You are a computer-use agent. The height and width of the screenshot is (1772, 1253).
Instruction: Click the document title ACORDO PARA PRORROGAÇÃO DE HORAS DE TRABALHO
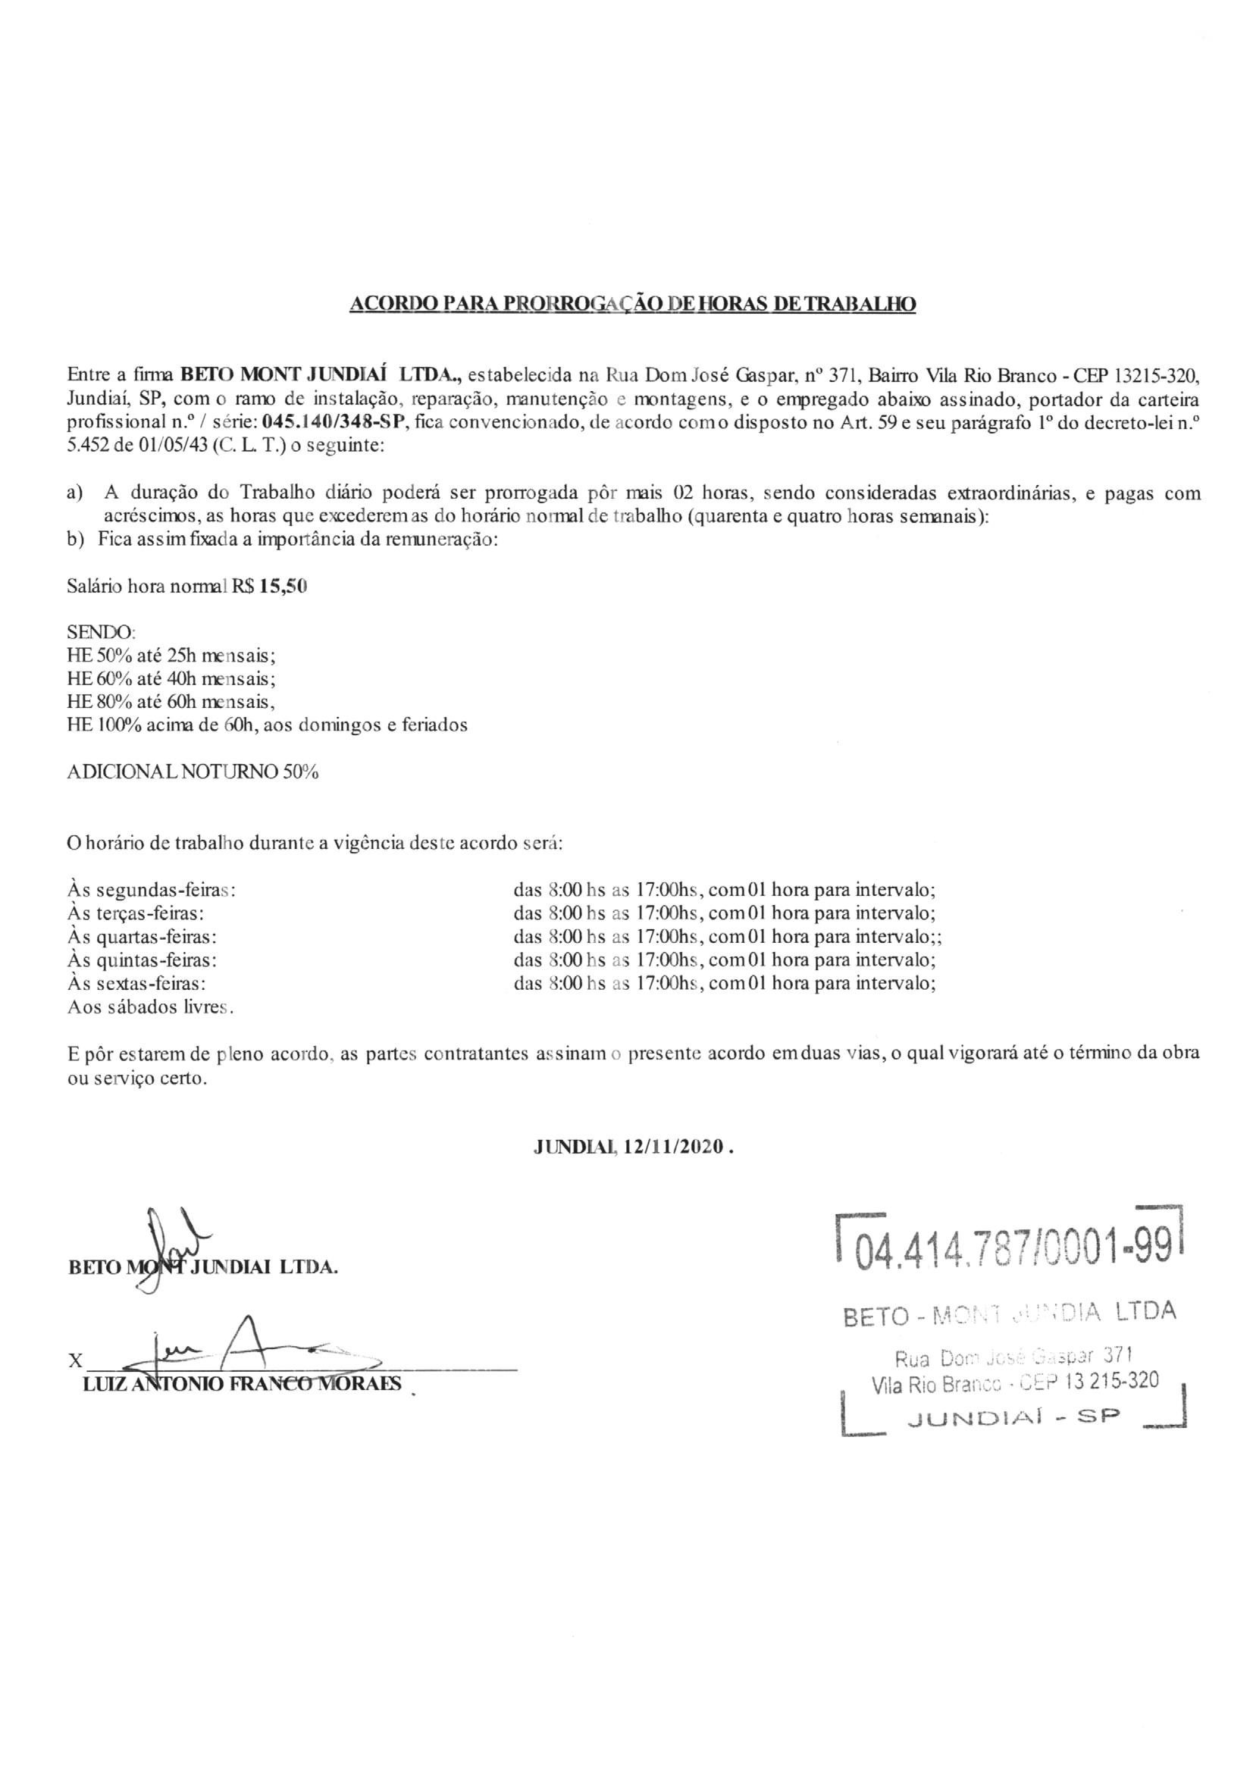point(632,304)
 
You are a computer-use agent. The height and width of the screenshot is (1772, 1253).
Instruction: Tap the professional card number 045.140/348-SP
point(334,423)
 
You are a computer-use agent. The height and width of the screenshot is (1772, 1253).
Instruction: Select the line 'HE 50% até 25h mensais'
point(171,656)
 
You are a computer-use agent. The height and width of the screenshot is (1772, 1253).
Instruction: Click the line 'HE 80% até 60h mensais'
point(171,703)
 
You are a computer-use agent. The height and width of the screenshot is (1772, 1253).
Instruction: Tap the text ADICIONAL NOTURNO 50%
point(193,773)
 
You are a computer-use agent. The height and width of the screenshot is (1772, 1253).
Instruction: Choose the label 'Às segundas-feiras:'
point(152,890)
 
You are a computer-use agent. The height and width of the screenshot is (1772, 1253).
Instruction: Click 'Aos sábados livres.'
point(152,1007)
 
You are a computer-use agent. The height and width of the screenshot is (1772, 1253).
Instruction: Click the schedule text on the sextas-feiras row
point(724,984)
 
